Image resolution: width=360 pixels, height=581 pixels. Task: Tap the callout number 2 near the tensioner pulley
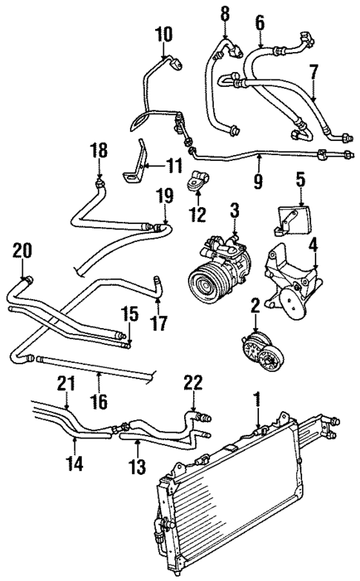pyautogui.click(x=255, y=304)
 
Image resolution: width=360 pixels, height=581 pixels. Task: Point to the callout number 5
pyautogui.click(x=300, y=179)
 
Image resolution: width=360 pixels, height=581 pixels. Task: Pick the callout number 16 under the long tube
pyautogui.click(x=98, y=402)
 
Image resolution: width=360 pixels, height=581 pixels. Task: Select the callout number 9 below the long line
pyautogui.click(x=259, y=179)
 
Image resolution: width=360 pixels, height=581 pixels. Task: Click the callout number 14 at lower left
pyautogui.click(x=76, y=467)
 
